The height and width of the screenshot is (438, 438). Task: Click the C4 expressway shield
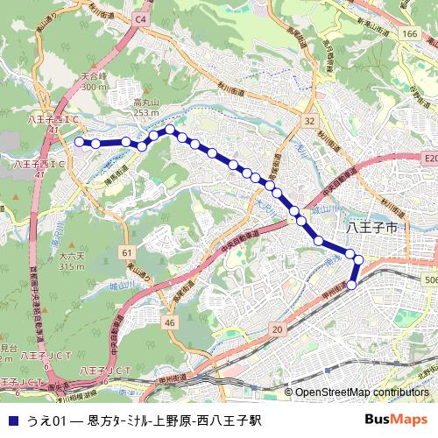coord(141,18)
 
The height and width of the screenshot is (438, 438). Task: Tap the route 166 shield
coord(409,32)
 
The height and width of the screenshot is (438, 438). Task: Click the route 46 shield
coord(170,323)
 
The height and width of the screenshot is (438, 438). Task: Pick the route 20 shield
coord(277,328)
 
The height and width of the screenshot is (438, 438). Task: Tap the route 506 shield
coord(430,279)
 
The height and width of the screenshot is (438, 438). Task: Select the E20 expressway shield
coord(428,159)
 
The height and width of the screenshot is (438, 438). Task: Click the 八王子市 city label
coord(373,226)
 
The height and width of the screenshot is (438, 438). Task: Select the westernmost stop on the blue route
coord(79,141)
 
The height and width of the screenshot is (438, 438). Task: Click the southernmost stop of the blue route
coord(352,285)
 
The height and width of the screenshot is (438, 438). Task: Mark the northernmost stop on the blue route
coord(170,130)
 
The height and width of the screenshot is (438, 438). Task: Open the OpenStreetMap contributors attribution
coord(362,392)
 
